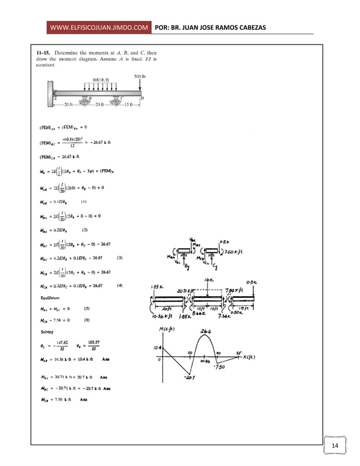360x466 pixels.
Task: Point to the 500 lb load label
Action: point(141,76)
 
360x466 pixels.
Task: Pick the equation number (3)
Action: point(120,258)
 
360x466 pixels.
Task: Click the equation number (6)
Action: point(87,320)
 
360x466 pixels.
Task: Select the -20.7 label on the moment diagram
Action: point(190,379)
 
